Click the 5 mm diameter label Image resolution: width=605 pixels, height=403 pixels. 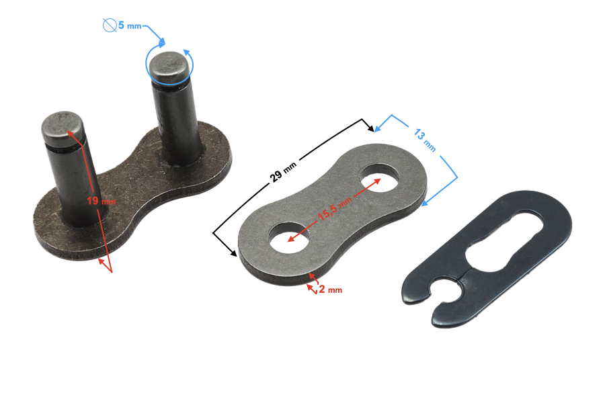pos(130,26)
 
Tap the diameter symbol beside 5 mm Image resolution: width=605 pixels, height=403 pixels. pos(110,26)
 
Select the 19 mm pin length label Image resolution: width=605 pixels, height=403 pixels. pos(101,201)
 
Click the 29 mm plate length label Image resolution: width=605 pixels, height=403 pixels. pos(283,172)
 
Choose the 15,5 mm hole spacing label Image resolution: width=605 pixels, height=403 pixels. pos(335,209)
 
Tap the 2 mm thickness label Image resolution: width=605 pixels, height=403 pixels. pos(331,289)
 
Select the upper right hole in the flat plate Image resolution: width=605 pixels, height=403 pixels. pos(379,178)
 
